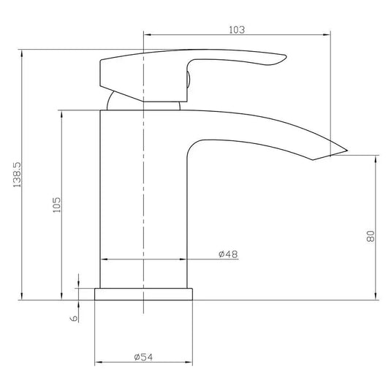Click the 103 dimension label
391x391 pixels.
(237, 30)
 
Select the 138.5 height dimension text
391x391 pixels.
(18, 175)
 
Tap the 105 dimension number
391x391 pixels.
(57, 205)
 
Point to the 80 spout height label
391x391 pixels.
(371, 236)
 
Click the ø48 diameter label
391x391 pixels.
(228, 254)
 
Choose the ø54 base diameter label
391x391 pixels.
(143, 357)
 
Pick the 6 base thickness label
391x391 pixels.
(74, 319)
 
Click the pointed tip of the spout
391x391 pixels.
(347, 151)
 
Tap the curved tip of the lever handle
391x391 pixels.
(285, 57)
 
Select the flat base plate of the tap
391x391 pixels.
(144, 294)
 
